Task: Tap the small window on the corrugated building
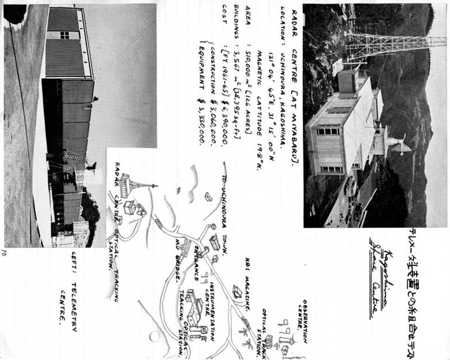pyautogui.click(x=65, y=35)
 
